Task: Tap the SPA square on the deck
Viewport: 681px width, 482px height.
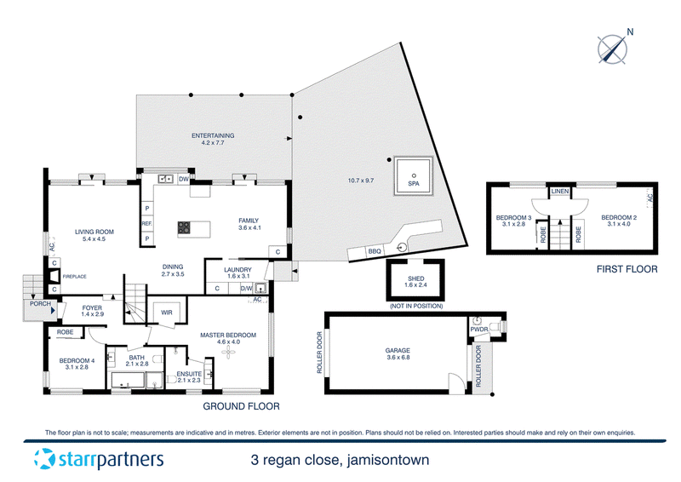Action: pos(413,176)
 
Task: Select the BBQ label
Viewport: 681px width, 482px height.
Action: pos(375,251)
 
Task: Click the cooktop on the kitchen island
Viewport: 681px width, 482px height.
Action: pos(184,227)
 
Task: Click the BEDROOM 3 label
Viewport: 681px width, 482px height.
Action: pos(513,218)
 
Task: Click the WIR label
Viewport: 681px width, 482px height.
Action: pos(166,313)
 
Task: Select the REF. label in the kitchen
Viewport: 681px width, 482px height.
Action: pos(146,223)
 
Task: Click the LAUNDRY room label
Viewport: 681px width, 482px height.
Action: pos(238,270)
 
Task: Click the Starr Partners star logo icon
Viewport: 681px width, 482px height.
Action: pos(45,461)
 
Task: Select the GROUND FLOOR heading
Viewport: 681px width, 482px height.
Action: pos(240,407)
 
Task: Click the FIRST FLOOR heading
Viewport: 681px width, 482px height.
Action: pos(627,269)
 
